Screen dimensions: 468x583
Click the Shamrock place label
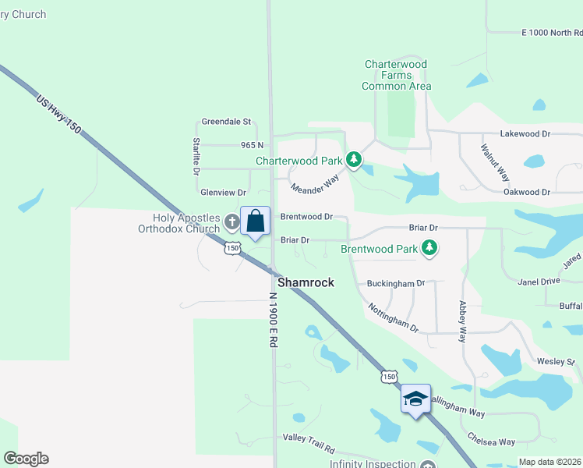(306, 282)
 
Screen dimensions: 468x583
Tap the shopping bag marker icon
(255, 222)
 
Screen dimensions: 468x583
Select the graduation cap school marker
(415, 399)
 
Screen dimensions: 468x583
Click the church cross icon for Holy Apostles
(231, 222)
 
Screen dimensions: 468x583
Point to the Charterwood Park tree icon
(355, 160)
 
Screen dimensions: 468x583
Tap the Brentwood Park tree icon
(428, 249)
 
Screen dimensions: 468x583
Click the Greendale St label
(226, 122)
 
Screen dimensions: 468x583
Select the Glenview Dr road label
(224, 192)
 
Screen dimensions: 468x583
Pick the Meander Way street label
(315, 185)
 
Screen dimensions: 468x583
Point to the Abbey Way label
(462, 322)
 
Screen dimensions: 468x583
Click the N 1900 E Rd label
(274, 325)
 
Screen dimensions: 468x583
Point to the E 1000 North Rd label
(552, 33)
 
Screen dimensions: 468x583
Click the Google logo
(26, 459)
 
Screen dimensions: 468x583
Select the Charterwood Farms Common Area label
(397, 75)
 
